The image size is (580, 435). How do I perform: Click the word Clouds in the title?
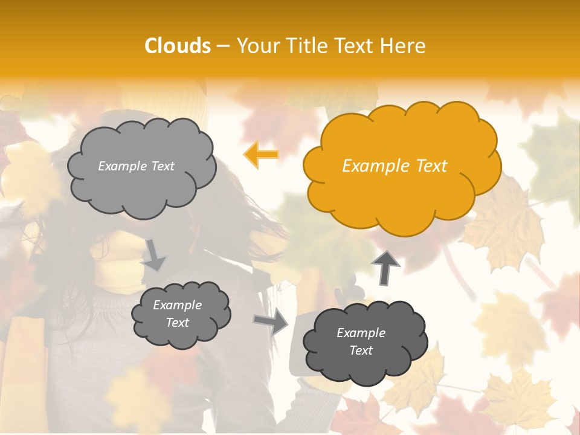click(178, 46)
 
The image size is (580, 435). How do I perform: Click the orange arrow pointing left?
click(261, 155)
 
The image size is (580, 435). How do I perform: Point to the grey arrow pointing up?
click(385, 266)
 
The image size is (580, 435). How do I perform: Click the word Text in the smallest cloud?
click(178, 323)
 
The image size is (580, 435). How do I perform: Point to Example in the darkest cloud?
click(361, 333)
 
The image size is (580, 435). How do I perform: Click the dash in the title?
click(222, 46)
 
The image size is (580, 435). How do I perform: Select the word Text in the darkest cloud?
click(361, 350)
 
